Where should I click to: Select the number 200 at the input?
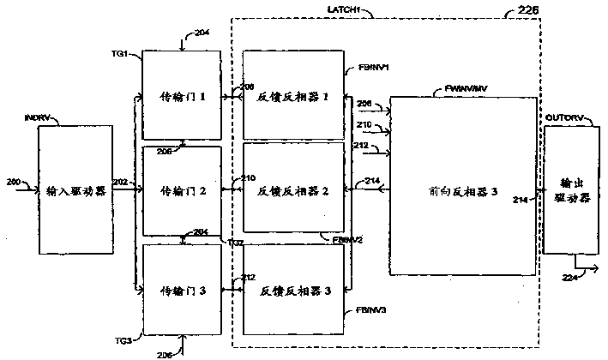click(11, 183)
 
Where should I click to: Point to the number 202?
click(120, 183)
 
